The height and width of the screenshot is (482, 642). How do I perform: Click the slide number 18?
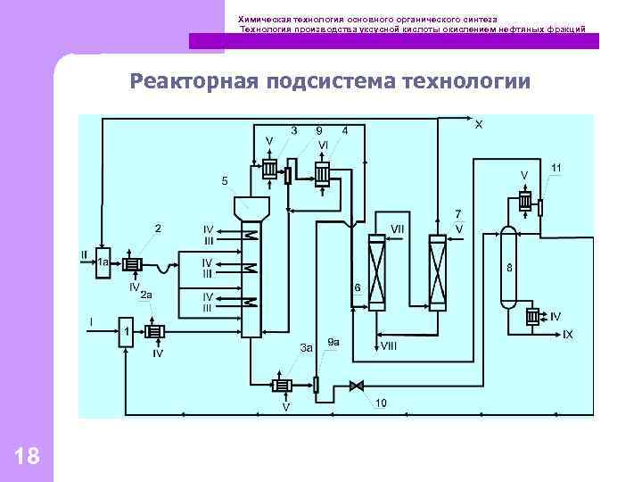(x=28, y=457)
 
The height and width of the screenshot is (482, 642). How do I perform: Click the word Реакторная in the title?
(x=193, y=82)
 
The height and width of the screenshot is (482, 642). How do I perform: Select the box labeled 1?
(x=126, y=332)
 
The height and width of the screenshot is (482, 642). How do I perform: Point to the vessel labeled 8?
(x=508, y=266)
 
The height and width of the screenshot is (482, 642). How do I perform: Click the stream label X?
(x=479, y=124)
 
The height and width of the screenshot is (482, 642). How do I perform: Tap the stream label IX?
(x=567, y=334)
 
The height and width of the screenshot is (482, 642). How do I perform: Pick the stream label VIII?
(x=390, y=344)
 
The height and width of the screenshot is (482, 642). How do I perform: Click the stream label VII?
(x=398, y=229)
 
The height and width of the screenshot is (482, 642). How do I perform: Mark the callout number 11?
(x=556, y=168)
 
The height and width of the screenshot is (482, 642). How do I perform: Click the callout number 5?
(x=225, y=181)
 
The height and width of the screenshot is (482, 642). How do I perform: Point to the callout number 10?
(x=381, y=403)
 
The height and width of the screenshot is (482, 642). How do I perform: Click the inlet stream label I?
(x=90, y=320)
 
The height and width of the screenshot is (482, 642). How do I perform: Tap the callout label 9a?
(x=333, y=342)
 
